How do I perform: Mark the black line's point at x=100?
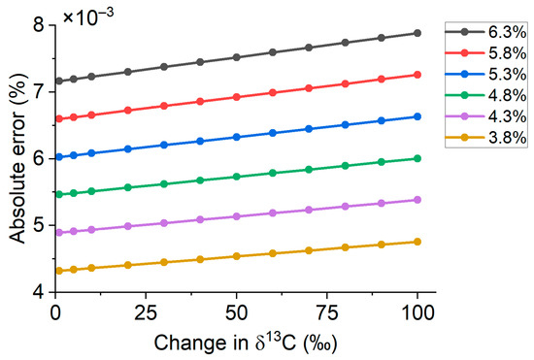click(x=417, y=33)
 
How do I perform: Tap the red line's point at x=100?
click(x=417, y=75)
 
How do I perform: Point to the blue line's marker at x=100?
click(x=417, y=116)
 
